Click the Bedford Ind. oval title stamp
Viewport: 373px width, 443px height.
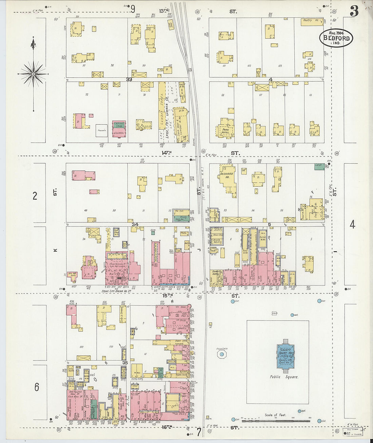pos(336,38)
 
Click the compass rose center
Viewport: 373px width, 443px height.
pos(34,74)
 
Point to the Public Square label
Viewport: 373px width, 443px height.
pos(284,377)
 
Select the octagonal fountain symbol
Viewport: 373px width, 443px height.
pos(222,354)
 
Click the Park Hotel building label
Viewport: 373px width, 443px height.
pos(225,131)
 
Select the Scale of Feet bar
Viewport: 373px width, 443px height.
pos(275,421)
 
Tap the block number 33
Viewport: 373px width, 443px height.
pos(129,79)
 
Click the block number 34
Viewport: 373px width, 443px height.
pos(135,224)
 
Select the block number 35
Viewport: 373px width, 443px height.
pos(125,363)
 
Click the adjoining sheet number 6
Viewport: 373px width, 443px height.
pos(36,387)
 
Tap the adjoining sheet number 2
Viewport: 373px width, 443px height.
pos(35,196)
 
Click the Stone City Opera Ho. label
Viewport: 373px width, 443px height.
pos(117,291)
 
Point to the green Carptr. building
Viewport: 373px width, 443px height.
pos(318,166)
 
